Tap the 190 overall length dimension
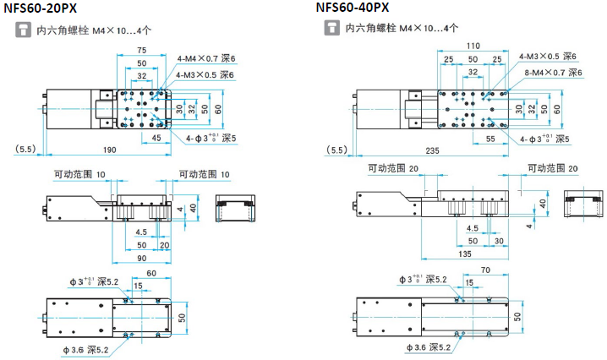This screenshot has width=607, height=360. (110, 150)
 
